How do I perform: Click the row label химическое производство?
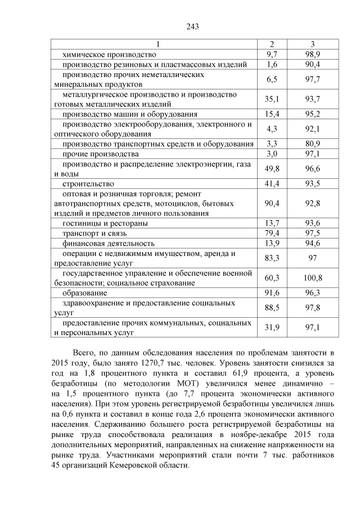pos(109,55)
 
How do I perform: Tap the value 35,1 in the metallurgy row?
pos(272,99)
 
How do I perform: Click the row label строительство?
pos(88,183)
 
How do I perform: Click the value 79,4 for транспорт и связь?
pos(272,233)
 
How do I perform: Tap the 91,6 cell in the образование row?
pos(272,293)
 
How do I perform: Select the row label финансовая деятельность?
pos(109,243)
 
